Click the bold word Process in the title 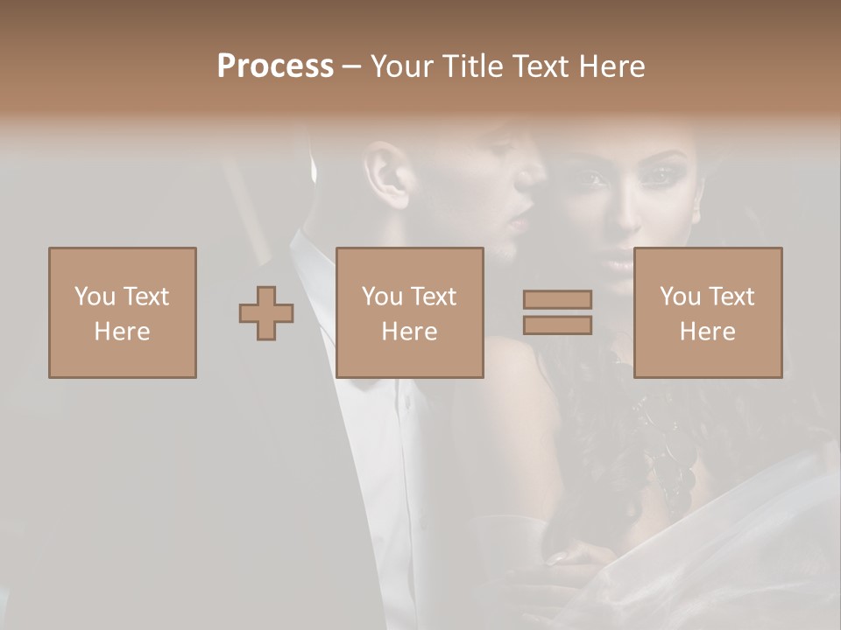tap(275, 66)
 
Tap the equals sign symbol tap(557, 312)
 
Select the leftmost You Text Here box tap(123, 312)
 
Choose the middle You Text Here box tap(410, 312)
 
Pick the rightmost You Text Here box tap(708, 312)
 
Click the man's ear tap(388, 175)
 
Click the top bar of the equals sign tap(557, 299)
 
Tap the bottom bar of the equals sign tap(557, 325)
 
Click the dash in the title tap(351, 66)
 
